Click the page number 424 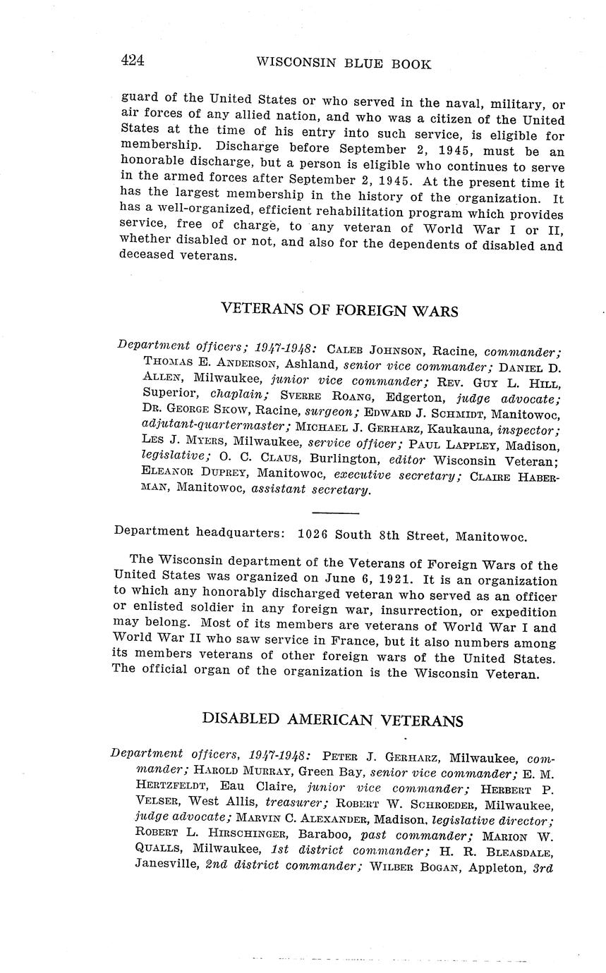(133, 61)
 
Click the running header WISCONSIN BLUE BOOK (343, 63)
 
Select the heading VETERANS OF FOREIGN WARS (339, 310)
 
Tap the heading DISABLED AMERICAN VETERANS (332, 719)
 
